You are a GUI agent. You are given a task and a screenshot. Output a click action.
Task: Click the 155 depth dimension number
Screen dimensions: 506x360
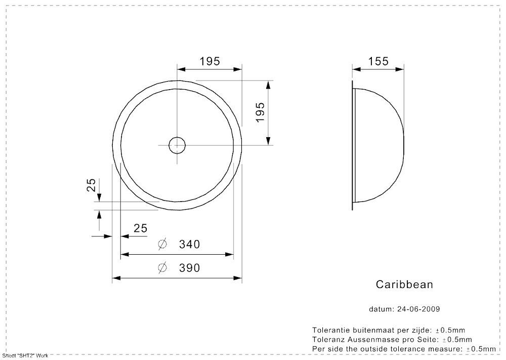(378, 61)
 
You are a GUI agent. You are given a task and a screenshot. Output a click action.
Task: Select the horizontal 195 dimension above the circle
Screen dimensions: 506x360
(209, 61)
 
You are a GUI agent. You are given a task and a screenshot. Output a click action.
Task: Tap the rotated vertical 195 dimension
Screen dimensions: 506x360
(260, 112)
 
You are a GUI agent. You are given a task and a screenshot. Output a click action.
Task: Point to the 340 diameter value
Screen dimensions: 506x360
(189, 245)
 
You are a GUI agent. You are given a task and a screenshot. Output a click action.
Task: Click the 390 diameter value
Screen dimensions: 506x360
(189, 268)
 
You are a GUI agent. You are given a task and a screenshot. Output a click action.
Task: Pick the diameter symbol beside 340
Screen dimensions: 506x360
(162, 244)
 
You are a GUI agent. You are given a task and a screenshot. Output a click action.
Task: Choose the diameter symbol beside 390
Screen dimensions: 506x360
(162, 268)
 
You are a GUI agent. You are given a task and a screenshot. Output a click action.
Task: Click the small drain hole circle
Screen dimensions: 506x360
(177, 137)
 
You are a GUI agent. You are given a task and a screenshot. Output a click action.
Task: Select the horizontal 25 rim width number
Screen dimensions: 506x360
(140, 228)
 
